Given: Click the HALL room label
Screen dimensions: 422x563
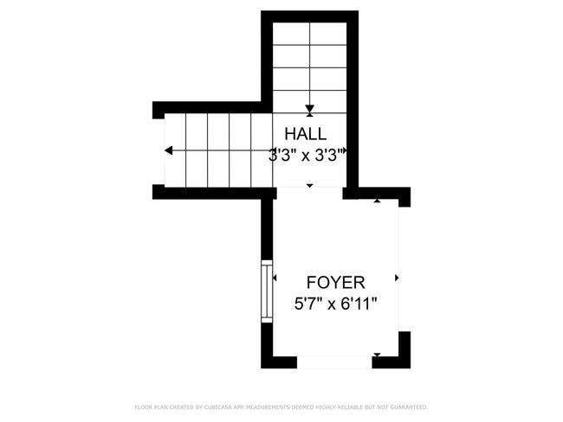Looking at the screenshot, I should (x=307, y=134).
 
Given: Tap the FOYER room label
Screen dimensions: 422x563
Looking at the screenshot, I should (x=336, y=283).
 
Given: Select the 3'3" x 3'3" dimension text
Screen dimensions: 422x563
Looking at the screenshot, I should (x=308, y=156).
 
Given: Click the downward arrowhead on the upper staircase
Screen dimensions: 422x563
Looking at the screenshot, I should (x=309, y=108).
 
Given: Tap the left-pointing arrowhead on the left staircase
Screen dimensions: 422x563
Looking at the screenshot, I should (x=167, y=150).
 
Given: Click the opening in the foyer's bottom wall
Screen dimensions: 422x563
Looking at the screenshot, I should (x=334, y=361).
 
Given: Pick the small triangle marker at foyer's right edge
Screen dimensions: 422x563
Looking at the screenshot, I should (x=397, y=278).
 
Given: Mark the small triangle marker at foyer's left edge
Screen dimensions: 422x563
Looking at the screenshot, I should (x=275, y=278).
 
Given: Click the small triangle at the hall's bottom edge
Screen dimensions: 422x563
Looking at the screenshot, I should (x=310, y=186).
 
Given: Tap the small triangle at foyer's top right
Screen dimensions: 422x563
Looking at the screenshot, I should (x=378, y=201).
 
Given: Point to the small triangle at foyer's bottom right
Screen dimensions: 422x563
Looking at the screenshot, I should (x=378, y=354).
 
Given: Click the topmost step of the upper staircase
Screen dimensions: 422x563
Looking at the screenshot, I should (x=309, y=34).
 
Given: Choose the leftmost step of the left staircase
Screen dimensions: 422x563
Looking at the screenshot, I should (x=176, y=150).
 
